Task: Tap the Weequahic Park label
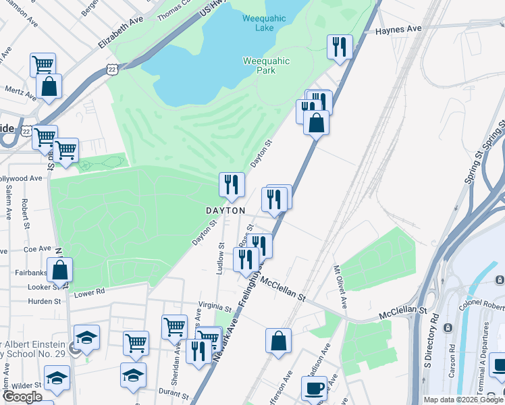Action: pos(266,66)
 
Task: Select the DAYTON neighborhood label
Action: pos(225,211)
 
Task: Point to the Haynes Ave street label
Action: pos(398,30)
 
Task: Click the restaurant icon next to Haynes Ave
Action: pos(339,47)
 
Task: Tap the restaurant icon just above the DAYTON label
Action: pos(231,184)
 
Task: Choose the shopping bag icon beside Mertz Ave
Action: pos(49,86)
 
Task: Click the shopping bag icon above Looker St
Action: pos(60,270)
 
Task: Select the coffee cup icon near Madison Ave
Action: pos(314,388)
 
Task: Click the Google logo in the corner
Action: pos(22,397)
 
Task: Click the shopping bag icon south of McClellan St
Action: pos(278,340)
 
